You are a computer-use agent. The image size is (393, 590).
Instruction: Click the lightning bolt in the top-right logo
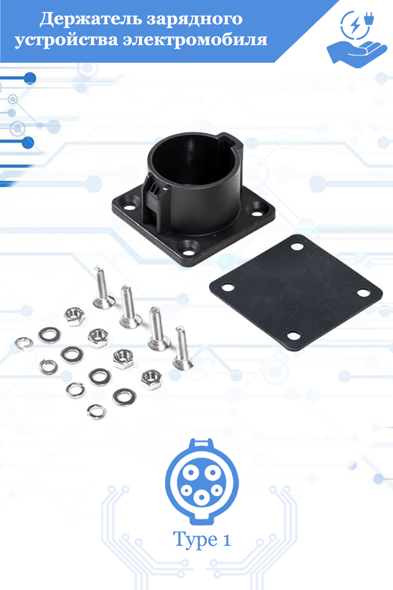[x=355, y=25]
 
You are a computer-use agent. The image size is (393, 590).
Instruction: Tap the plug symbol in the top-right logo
[x=369, y=19]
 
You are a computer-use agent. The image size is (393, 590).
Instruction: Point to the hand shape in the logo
[x=357, y=55]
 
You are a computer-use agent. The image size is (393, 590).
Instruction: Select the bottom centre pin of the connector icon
[x=201, y=497]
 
